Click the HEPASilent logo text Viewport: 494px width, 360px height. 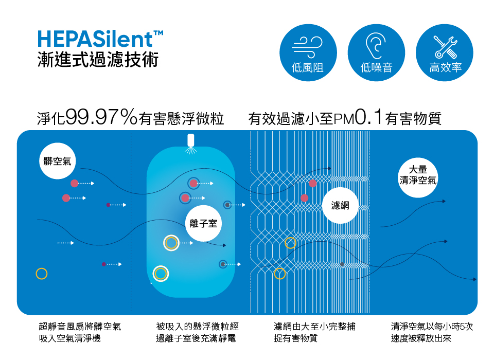(100, 40)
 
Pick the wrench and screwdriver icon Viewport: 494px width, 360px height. (444, 46)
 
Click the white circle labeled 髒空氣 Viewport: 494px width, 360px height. (58, 161)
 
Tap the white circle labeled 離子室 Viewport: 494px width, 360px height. (203, 223)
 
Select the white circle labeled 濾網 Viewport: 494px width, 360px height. (340, 205)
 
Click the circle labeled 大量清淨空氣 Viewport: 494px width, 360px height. (418, 175)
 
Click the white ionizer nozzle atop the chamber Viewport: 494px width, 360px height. (190, 140)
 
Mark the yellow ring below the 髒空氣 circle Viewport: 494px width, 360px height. (42, 274)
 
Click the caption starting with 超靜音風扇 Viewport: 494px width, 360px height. (80, 332)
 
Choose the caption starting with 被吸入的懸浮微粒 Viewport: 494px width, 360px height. (198, 332)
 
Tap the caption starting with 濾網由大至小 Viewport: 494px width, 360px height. (315, 332)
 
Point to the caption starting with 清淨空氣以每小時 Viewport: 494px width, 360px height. (432, 332)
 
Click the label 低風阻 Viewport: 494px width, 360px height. (307, 67)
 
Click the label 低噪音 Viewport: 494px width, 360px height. (376, 67)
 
